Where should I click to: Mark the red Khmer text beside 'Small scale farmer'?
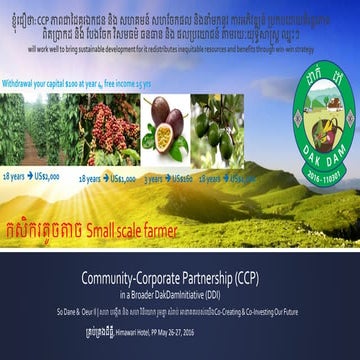point(58,226)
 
